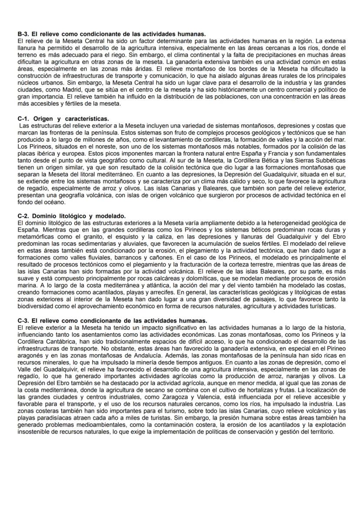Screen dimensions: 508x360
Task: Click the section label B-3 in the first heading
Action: [x=23, y=34]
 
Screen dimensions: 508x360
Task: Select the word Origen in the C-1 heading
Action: [x=43, y=119]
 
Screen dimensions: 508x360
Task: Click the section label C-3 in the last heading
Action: [x=23, y=320]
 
